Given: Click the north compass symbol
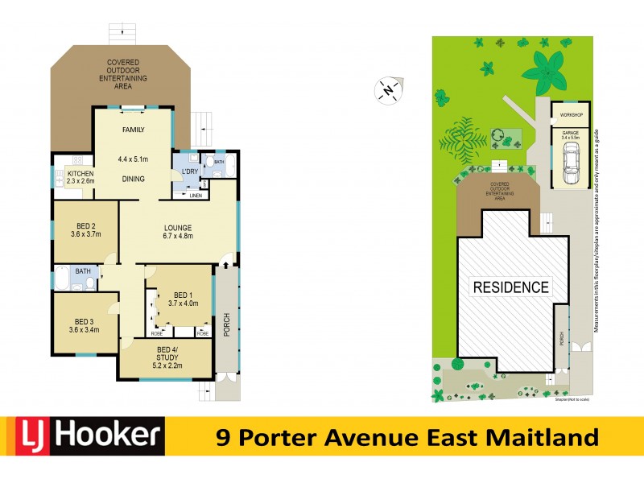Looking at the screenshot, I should (389, 89).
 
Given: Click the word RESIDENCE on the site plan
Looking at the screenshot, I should (510, 287).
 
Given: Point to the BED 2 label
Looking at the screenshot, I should (85, 229).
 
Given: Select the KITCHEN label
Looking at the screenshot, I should (80, 174).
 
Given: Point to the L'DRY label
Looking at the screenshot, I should (189, 172).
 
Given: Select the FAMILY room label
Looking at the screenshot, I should (133, 130).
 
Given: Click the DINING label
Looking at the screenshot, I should (133, 179).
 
